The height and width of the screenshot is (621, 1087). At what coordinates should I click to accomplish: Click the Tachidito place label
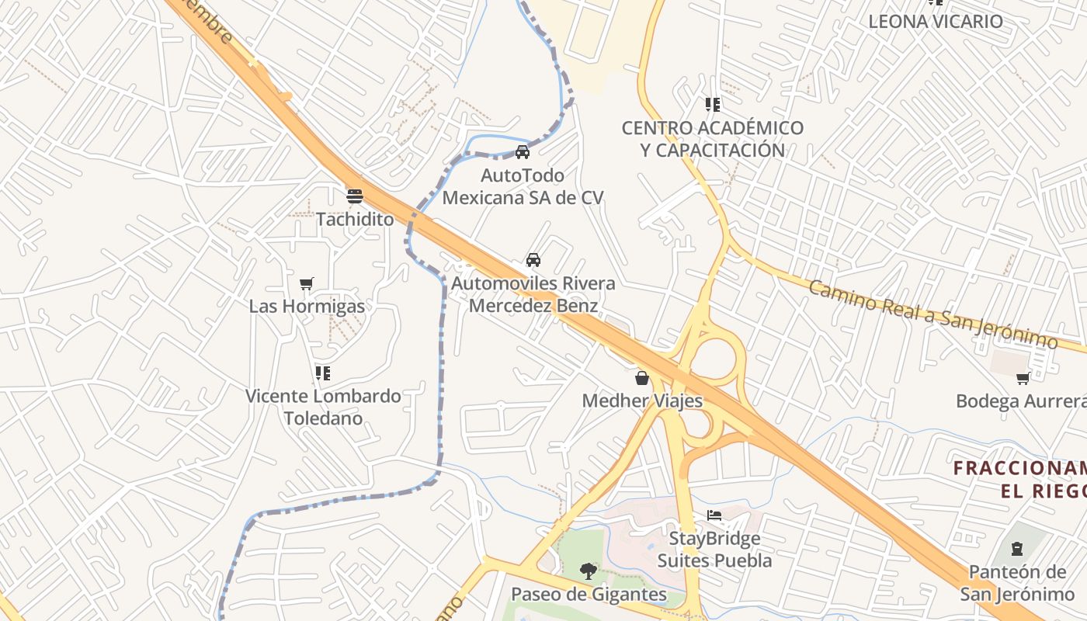coord(355,219)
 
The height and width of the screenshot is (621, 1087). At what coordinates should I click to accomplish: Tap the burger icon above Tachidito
coord(355,196)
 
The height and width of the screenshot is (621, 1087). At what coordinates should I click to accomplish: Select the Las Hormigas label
coord(307,307)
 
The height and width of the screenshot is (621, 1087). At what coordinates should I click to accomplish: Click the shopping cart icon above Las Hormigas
coord(307,284)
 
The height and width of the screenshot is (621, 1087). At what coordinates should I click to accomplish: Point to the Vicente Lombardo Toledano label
coord(323,407)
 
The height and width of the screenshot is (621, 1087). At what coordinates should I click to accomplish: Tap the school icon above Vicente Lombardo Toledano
coord(323,373)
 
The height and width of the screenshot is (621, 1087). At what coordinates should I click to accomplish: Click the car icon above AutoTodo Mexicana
coord(523,151)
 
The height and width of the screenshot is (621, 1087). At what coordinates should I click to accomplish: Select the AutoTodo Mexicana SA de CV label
coord(523,186)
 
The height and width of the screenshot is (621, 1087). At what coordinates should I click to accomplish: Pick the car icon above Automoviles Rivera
coord(533,260)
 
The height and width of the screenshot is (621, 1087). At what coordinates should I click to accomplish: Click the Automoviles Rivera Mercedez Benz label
coord(533,294)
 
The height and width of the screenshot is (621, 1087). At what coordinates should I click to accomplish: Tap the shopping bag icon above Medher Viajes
coord(642,378)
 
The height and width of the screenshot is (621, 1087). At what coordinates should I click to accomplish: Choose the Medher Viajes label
coord(642,401)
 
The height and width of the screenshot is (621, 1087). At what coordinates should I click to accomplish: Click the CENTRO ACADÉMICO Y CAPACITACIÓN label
coord(712,138)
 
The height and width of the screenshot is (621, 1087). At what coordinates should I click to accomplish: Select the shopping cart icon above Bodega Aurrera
coord(1023,378)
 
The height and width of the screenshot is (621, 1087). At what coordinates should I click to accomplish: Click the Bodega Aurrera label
coord(1020,401)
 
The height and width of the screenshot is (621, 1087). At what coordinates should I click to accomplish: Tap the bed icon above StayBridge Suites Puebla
coord(714,515)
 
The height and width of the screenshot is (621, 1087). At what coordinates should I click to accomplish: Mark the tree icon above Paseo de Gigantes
coord(589,572)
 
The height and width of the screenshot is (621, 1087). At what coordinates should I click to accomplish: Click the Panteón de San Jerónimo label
coord(1017,583)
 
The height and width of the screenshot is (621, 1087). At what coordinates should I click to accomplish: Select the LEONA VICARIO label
coord(936,21)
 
